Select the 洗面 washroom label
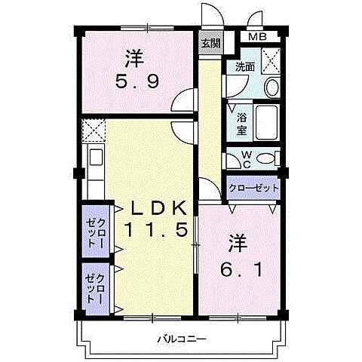click(244, 67)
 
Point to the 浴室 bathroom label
click(243, 124)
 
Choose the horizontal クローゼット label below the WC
click(253, 188)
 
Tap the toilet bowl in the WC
click(265, 158)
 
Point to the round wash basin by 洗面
click(271, 87)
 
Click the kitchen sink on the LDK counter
click(95, 158)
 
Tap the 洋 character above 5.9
click(134, 57)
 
